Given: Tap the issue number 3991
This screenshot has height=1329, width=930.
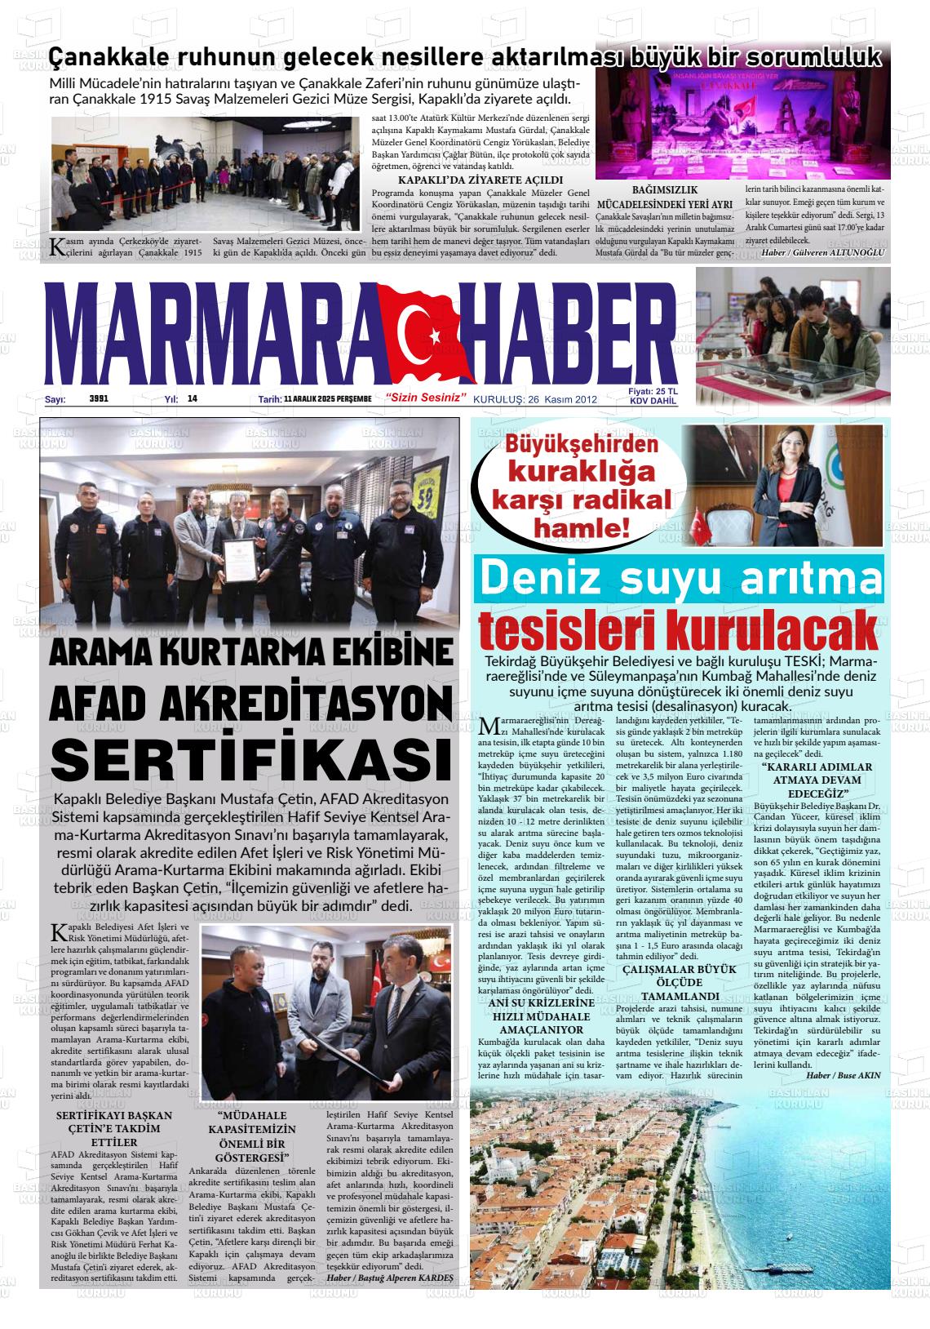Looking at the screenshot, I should pyautogui.click(x=99, y=399).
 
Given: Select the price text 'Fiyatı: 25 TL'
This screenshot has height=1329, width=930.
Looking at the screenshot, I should pyautogui.click(x=653, y=392).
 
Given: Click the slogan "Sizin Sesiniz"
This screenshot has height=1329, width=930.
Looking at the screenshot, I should pyautogui.click(x=427, y=398).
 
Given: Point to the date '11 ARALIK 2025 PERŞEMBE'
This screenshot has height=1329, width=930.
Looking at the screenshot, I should pyautogui.click(x=327, y=399).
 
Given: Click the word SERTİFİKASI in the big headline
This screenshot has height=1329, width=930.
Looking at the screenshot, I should pyautogui.click(x=250, y=758).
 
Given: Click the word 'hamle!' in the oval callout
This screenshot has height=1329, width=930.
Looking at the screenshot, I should pyautogui.click(x=582, y=529).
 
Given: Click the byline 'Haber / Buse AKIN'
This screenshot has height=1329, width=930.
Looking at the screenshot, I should pyautogui.click(x=843, y=1075).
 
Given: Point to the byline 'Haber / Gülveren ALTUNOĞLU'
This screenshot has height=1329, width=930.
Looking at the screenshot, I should pyautogui.click(x=821, y=252).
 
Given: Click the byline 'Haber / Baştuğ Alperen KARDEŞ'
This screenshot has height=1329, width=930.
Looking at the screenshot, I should pyautogui.click(x=389, y=1277).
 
